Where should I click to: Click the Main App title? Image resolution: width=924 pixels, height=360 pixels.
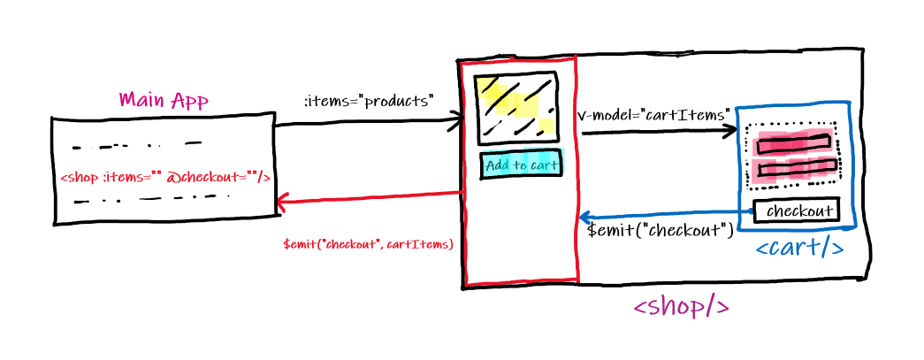pos(164,100)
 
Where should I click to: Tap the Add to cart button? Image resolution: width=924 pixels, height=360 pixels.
pos(521,165)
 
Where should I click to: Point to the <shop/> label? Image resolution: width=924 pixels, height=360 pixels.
pos(681,307)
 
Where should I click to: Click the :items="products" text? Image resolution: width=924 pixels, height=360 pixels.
pos(369,102)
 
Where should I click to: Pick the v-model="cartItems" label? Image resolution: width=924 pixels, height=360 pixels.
pos(653,115)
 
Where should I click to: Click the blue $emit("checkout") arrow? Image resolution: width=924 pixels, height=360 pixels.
pos(663,216)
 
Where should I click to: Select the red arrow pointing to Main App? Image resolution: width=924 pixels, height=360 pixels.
pos(371,199)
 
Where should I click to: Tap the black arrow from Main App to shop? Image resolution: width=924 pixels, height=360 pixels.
pos(367,124)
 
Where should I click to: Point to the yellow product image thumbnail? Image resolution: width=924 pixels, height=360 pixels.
pos(516,108)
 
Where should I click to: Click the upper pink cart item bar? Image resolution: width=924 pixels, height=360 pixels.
pos(795,142)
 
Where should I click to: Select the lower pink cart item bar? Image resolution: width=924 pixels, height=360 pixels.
pos(795,166)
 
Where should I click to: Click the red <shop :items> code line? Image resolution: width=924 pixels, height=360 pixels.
pos(164,177)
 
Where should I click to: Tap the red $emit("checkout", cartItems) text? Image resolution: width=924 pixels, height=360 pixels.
pos(368,244)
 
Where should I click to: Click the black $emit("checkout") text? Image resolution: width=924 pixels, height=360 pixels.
pos(661,232)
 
